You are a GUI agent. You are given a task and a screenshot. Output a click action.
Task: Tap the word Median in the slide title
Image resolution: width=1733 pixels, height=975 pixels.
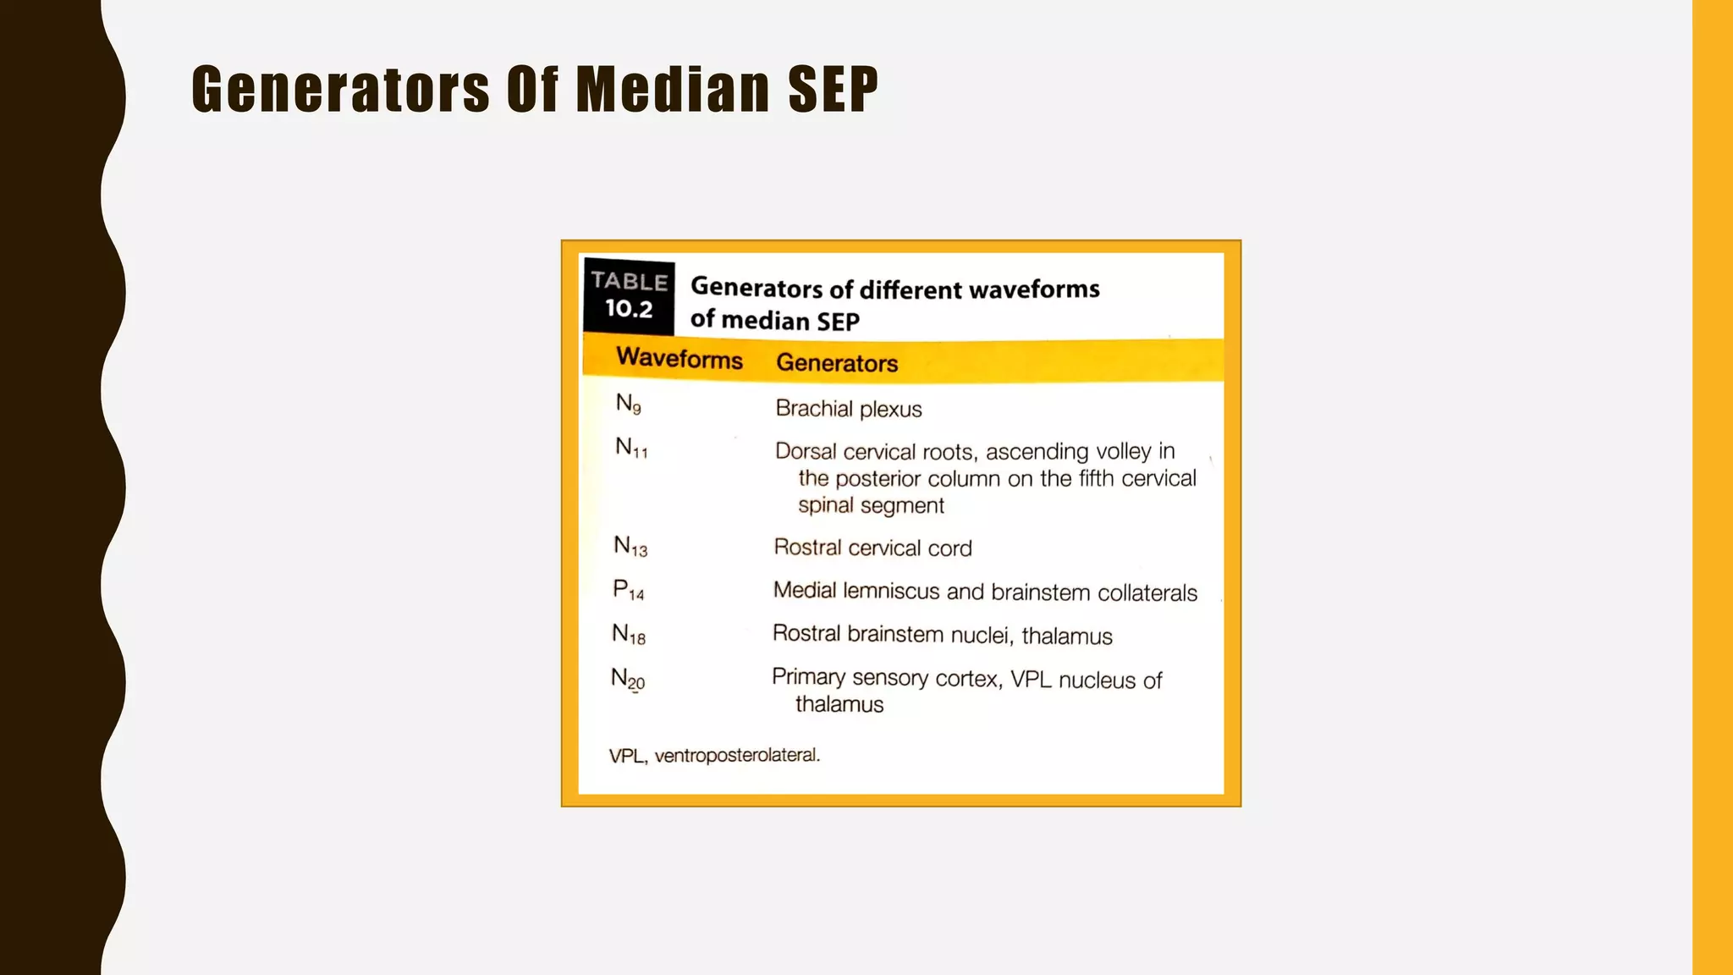(x=673, y=89)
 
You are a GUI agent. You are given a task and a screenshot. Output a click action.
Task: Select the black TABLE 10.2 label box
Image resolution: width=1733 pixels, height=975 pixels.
(x=629, y=295)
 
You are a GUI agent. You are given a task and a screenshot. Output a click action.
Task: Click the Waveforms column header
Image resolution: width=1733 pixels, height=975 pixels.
(x=679, y=359)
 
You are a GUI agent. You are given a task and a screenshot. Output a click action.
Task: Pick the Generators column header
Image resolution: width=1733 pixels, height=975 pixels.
(x=836, y=363)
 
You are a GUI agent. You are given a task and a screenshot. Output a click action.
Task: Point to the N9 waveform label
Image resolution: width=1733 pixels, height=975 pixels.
(x=628, y=405)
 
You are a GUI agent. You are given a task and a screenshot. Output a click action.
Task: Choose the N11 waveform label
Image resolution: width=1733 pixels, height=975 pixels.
(x=631, y=448)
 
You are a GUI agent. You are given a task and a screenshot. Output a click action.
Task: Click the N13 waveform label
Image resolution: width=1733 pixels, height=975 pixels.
(x=630, y=547)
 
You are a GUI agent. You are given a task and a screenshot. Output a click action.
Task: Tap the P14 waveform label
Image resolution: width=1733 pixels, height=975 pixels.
(x=629, y=590)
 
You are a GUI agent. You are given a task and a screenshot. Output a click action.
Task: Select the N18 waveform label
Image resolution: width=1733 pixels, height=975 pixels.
(x=629, y=634)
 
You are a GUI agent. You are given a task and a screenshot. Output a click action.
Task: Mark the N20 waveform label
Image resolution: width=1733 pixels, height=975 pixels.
(x=628, y=679)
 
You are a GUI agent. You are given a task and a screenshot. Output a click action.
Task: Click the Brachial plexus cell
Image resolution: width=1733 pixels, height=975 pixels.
(x=848, y=409)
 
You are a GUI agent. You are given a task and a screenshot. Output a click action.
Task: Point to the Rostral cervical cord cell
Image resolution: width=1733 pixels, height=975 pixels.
(x=872, y=548)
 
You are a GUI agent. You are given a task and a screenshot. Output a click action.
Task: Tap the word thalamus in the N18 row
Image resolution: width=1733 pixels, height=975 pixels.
(x=1066, y=636)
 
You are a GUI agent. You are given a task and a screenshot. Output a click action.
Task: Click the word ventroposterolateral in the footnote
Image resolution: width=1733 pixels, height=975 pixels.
(x=737, y=755)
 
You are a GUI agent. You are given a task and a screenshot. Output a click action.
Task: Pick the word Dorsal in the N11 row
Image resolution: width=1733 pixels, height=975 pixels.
(x=805, y=451)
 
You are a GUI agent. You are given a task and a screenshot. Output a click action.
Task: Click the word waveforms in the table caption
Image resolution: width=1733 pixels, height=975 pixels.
(x=1034, y=289)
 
